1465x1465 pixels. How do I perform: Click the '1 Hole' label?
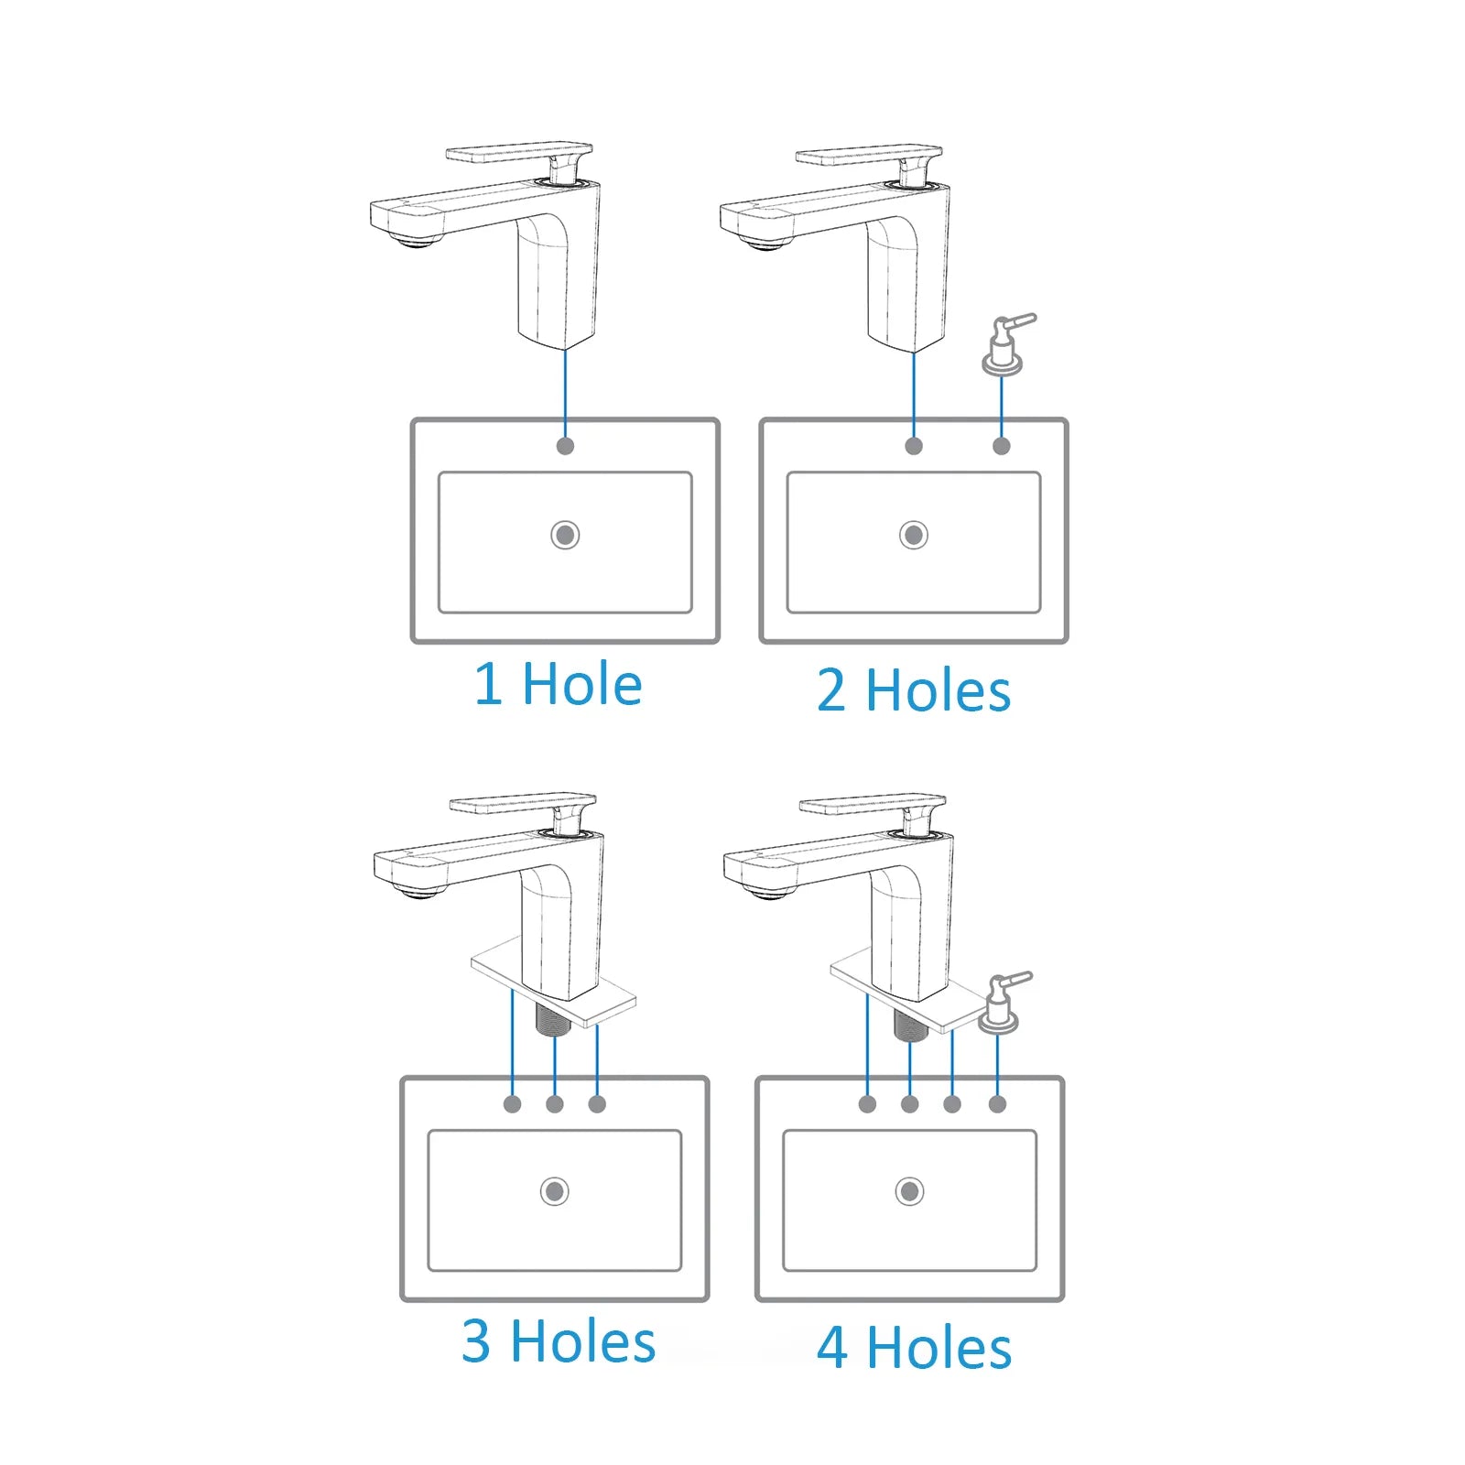(558, 684)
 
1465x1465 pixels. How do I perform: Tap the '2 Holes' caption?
(914, 690)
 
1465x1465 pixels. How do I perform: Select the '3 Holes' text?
(559, 1341)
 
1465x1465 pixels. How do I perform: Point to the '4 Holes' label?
(914, 1348)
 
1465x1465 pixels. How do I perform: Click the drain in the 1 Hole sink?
(565, 535)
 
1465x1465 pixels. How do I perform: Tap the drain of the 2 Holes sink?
(913, 535)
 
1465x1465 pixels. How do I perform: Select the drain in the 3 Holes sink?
(554, 1191)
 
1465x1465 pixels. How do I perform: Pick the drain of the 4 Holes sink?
(909, 1191)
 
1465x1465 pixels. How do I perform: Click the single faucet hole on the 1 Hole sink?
(565, 446)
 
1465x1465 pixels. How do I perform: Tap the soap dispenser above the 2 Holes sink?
(1006, 344)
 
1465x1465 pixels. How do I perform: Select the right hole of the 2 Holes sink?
(1002, 446)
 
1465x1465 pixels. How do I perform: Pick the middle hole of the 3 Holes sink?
(554, 1104)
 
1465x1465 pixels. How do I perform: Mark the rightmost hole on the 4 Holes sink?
(997, 1104)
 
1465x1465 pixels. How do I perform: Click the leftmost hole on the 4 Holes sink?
(867, 1104)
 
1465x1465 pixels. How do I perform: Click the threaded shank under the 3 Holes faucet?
(553, 1019)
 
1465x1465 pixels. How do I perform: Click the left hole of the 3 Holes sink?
(512, 1104)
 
